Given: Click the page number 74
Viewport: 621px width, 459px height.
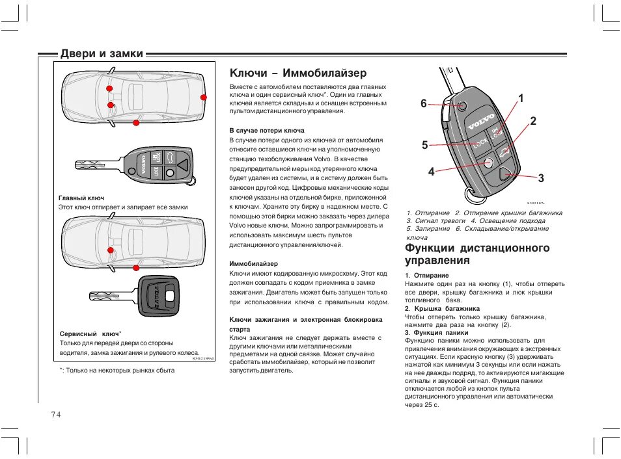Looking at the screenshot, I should [x=53, y=415].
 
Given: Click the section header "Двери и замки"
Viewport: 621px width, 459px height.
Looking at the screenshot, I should [x=102, y=54].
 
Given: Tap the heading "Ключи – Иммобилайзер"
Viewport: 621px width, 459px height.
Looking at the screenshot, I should [x=299, y=73].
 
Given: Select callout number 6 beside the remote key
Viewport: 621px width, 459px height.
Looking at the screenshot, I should [x=423, y=104].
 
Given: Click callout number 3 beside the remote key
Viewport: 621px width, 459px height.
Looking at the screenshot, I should [x=541, y=177].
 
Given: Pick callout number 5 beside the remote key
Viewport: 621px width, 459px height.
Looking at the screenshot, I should [x=424, y=145].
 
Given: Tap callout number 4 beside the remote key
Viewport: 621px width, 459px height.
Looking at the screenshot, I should [x=431, y=172].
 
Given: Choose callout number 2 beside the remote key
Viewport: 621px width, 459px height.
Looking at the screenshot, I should [x=533, y=121].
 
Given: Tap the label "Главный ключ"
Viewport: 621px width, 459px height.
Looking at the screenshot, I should [x=81, y=198].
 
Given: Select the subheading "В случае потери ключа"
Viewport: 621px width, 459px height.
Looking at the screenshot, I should [x=266, y=131].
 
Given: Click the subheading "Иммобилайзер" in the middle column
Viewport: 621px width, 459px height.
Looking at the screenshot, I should [x=253, y=264].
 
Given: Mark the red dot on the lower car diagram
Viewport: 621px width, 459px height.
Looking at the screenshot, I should [x=111, y=250].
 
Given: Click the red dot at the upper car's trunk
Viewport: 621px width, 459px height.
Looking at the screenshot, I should [x=204, y=98].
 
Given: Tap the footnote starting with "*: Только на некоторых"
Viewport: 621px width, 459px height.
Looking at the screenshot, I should [x=117, y=370].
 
